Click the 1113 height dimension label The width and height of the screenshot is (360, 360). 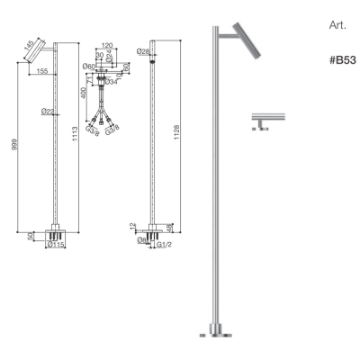(75, 135)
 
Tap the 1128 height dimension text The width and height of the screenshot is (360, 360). (176, 132)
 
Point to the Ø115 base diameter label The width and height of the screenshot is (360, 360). (56, 245)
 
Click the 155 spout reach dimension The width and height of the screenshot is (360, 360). (42, 71)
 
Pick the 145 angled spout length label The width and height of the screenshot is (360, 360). (30, 46)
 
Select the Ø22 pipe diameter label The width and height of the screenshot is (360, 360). (48, 112)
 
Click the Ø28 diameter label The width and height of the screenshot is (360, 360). (143, 51)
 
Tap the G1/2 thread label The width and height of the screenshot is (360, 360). (165, 245)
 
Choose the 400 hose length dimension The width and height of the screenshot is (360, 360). (84, 93)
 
